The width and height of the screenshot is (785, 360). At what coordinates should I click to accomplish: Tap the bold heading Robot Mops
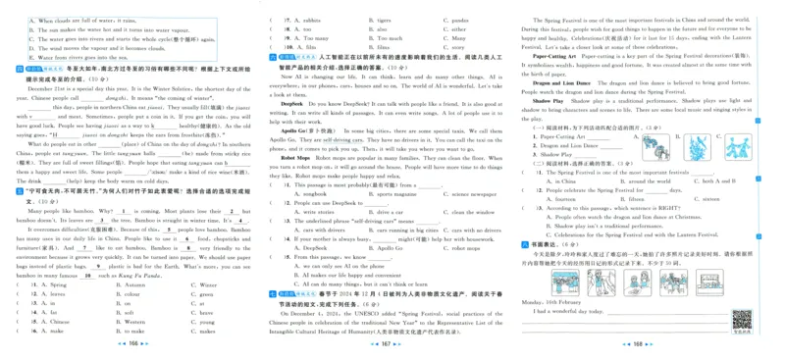tap(295, 157)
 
